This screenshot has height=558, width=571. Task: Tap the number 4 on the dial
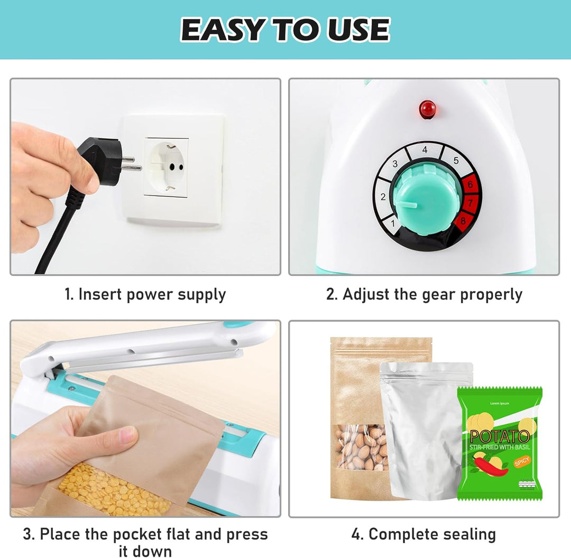[x=425, y=150]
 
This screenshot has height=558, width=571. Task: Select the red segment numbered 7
[x=470, y=203]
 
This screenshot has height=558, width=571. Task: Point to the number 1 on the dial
[x=392, y=223]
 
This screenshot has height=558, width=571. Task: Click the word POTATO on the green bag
[x=499, y=436]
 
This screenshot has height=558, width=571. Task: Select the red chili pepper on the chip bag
[x=490, y=466]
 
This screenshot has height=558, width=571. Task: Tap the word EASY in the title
[x=222, y=30]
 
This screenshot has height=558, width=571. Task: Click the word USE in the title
[x=358, y=30]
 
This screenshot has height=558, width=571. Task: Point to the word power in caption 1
[x=149, y=295]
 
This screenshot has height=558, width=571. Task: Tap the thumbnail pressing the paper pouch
[x=128, y=434]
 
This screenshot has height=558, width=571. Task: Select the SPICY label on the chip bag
[x=522, y=461]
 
